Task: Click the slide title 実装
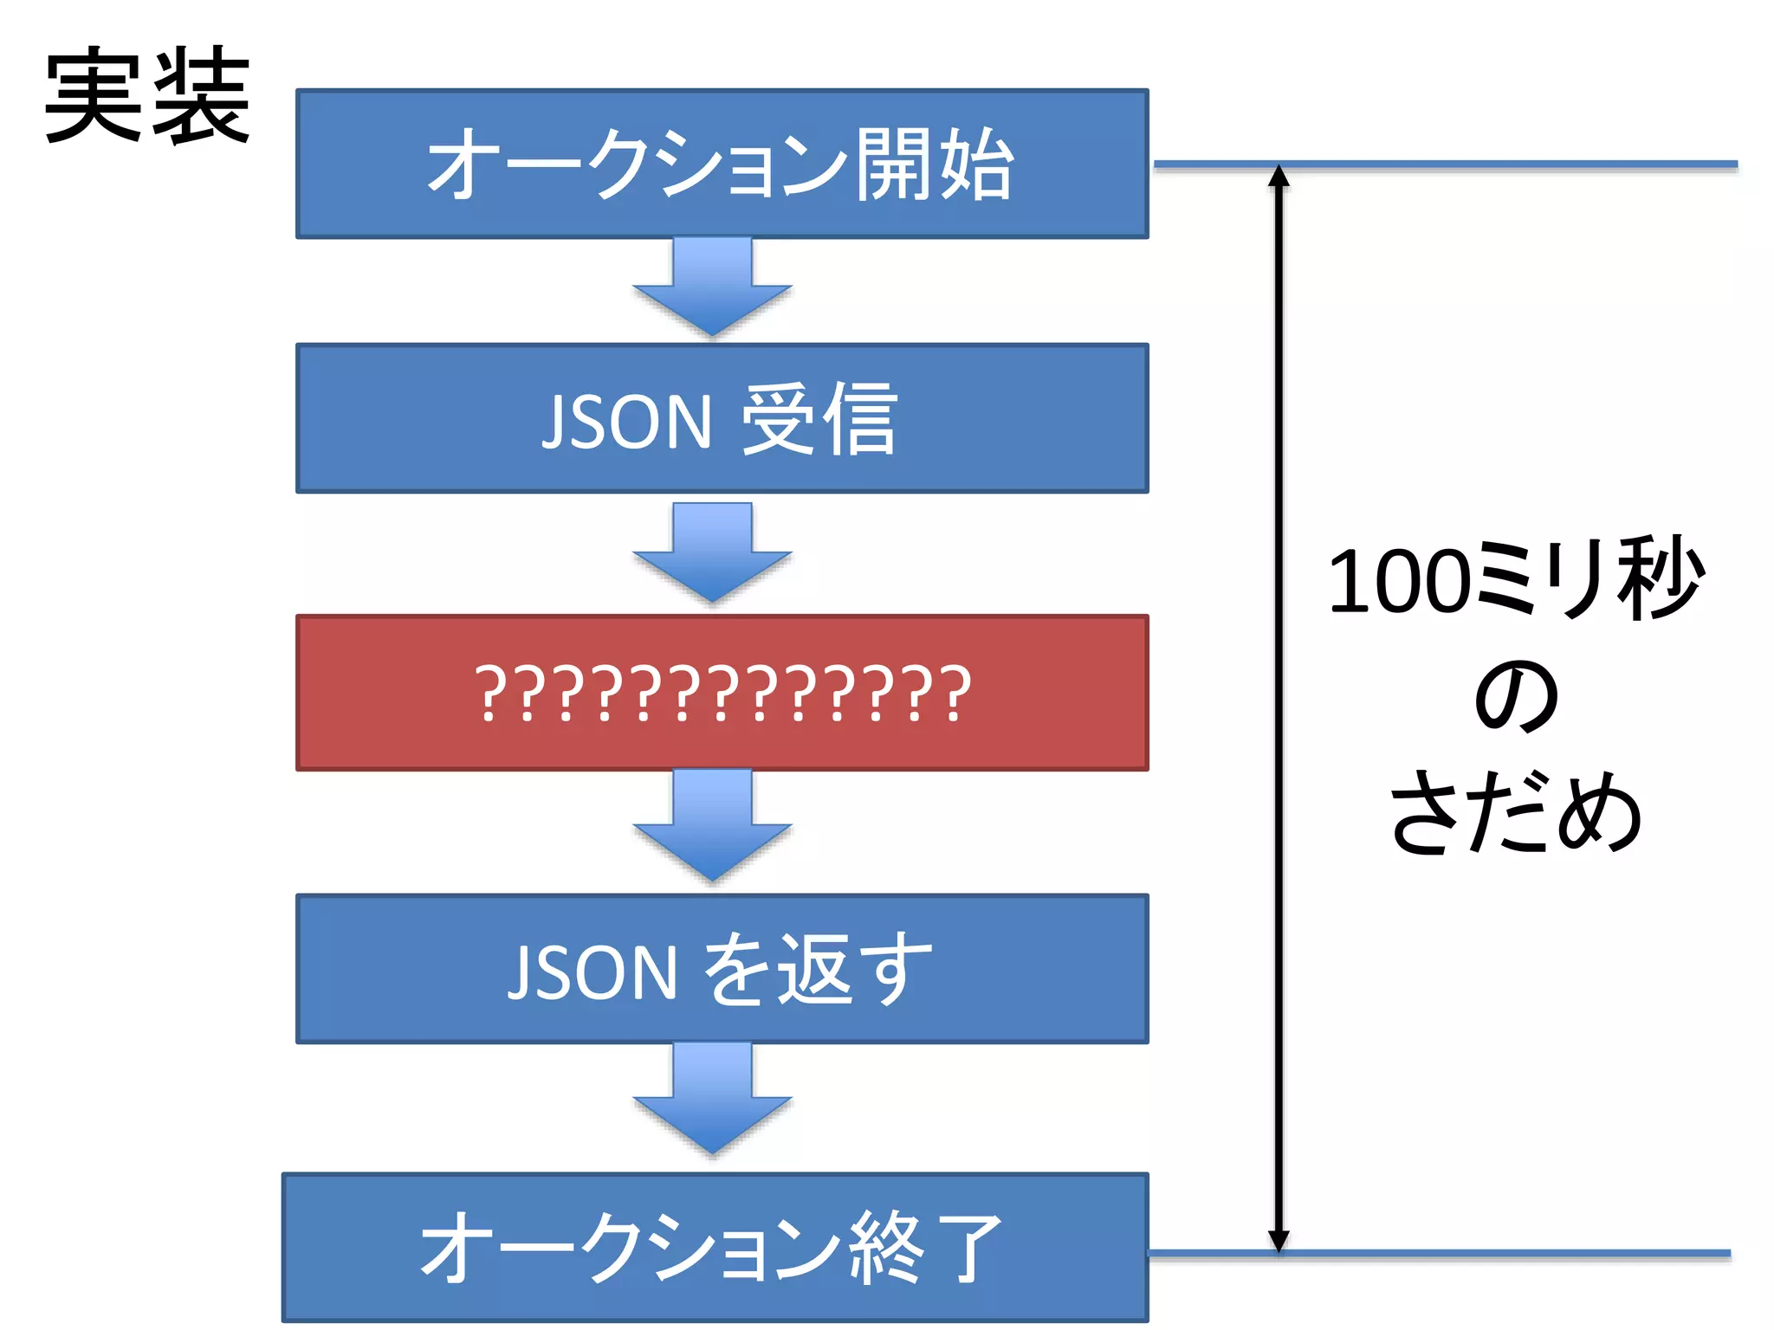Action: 147,95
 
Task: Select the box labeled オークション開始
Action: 722,164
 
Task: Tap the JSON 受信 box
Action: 722,419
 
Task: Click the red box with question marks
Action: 722,693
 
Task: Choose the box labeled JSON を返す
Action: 722,969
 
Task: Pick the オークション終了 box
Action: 715,1247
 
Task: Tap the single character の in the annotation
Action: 1516,697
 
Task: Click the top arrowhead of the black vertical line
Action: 1279,177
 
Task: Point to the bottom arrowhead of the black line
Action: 1279,1240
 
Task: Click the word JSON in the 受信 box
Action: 626,422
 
